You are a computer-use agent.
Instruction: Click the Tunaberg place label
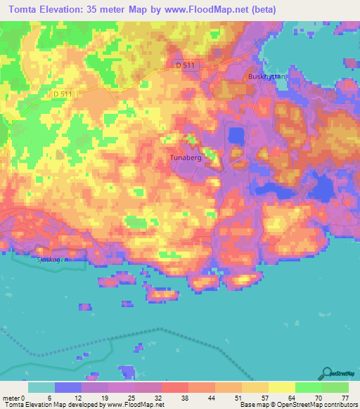pos(186,159)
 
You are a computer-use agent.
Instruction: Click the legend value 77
pos(345,398)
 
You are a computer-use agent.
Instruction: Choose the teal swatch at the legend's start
pos(41,387)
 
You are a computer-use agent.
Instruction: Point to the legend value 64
pos(292,398)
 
